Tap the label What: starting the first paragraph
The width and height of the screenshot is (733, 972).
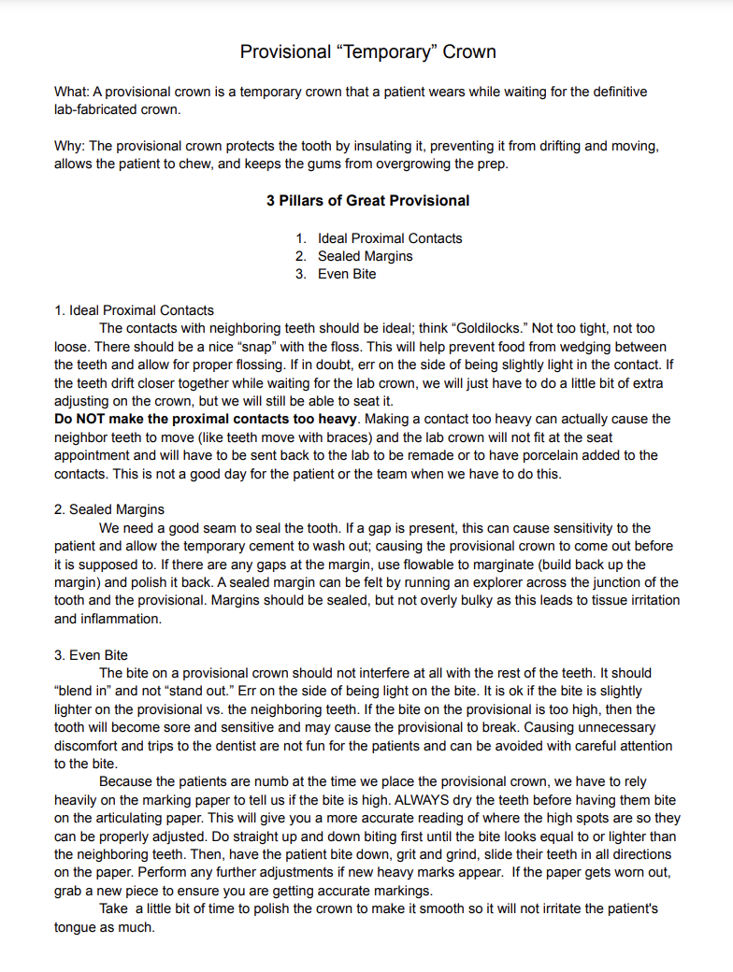[x=72, y=92]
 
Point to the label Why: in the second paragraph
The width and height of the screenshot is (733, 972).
[x=70, y=146]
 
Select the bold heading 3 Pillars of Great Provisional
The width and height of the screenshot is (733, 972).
[x=367, y=200]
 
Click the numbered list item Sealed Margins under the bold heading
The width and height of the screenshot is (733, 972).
[x=365, y=256]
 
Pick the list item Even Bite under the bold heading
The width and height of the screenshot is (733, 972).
[x=347, y=274]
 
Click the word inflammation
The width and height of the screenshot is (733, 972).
[x=123, y=619]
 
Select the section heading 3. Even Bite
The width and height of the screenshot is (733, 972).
[x=92, y=655]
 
